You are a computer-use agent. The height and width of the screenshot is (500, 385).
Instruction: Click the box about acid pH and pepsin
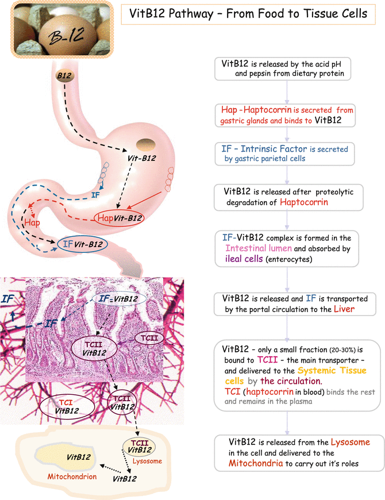tap(286, 68)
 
